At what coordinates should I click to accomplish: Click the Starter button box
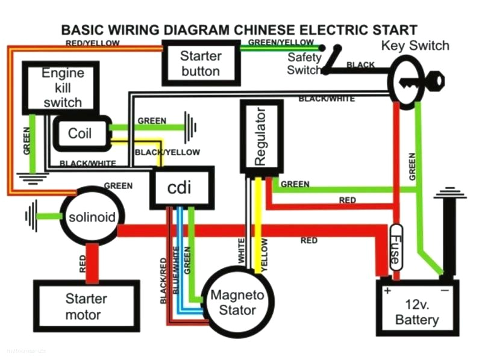click(201, 63)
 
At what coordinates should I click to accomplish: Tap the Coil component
click(81, 133)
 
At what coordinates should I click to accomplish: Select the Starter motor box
click(86, 306)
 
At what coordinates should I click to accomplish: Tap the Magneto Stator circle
click(237, 303)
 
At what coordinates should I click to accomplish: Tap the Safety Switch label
click(304, 64)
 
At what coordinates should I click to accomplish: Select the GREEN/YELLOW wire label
click(281, 42)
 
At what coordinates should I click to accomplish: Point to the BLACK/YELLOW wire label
click(167, 152)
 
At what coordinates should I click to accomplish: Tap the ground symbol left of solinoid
click(30, 216)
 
